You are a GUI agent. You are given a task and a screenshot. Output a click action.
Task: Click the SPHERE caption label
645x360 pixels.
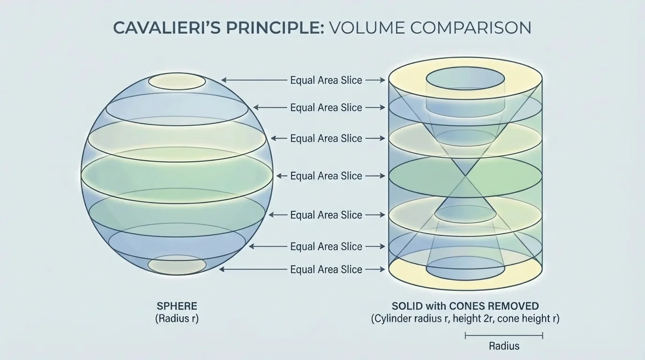point(177,306)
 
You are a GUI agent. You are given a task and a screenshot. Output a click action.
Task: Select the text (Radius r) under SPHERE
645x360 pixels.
point(177,319)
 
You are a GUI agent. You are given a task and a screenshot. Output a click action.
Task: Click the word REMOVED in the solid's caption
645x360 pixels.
point(513,306)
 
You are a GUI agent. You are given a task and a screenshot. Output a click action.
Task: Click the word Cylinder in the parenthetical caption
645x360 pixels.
point(392,319)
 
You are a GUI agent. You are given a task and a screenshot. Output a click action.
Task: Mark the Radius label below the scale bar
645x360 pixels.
point(504,346)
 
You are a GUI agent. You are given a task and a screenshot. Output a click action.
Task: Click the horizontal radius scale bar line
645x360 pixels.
point(504,335)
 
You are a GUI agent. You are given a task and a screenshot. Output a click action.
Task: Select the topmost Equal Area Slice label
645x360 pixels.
point(326,80)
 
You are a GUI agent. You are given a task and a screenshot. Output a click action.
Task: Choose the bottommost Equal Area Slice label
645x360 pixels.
point(326,270)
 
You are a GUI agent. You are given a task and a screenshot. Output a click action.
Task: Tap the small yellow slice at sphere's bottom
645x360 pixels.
point(177,265)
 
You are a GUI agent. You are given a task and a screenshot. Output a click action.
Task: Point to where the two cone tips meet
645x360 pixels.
point(465,176)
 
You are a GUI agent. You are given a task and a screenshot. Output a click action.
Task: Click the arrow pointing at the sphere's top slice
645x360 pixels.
point(254,80)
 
